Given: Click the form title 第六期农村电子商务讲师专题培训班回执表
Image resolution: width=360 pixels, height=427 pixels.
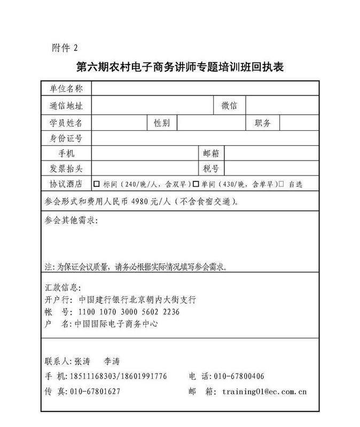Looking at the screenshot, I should click(179, 68).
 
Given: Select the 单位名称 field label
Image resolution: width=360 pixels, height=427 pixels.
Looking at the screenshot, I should click(66, 89).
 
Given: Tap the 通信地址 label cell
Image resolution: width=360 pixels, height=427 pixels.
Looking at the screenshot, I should click(66, 106).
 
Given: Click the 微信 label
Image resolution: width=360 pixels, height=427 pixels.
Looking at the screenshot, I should click(230, 106).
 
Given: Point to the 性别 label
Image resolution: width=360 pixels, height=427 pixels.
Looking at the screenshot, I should click(162, 123).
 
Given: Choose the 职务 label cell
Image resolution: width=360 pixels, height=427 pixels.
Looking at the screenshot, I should click(263, 123).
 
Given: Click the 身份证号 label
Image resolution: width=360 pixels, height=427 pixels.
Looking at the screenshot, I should click(66, 139).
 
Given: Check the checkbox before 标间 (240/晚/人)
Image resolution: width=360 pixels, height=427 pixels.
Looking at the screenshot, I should click(97, 184).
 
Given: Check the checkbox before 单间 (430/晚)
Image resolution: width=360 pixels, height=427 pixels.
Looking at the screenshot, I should click(196, 184).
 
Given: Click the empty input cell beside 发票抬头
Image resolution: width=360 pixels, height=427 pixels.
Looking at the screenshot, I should click(145, 169).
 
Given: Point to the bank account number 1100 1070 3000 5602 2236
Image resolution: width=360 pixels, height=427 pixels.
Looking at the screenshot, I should click(129, 312).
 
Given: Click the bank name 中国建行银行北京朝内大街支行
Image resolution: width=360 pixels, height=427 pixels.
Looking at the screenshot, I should click(137, 300).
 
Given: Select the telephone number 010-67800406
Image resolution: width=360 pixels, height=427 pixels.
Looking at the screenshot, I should click(238, 376).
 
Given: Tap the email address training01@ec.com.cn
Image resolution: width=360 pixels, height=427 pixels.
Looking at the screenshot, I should click(264, 391).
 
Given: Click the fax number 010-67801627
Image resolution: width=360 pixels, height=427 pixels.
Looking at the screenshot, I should click(96, 391).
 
